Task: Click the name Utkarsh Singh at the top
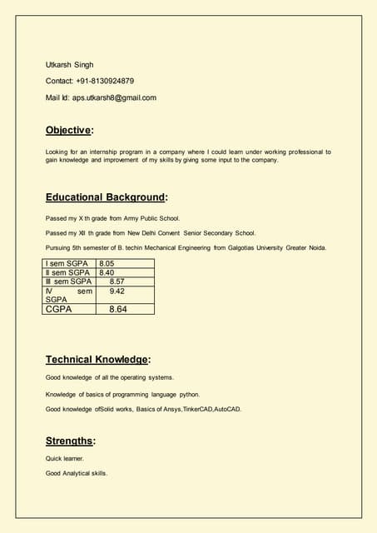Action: tap(69, 64)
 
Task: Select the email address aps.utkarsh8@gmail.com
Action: tap(114, 97)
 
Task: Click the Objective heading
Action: tap(69, 130)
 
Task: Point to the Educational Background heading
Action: tap(106, 197)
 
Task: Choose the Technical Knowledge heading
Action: tap(97, 360)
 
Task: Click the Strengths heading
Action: tap(70, 441)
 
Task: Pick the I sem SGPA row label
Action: tap(67, 263)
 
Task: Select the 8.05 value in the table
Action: tap(107, 263)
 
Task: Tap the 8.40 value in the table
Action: tap(107, 272)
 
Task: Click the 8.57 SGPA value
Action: tap(117, 281)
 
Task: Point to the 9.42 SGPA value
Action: tap(117, 291)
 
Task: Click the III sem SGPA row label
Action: tap(68, 281)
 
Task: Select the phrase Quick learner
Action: tap(65, 458)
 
